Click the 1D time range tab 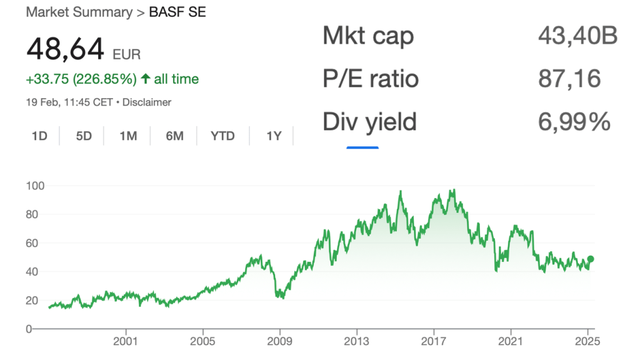[39, 136]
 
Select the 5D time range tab [84, 136]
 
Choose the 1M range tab [128, 136]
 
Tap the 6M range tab [174, 136]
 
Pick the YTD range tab [222, 136]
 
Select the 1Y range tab [274, 136]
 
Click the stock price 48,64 [64, 49]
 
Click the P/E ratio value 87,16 [569, 79]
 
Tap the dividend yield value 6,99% [574, 121]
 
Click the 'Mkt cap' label [367, 36]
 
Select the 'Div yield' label [369, 121]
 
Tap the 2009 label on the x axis [279, 342]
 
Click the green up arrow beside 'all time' [145, 79]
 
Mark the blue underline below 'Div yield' [362, 147]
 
